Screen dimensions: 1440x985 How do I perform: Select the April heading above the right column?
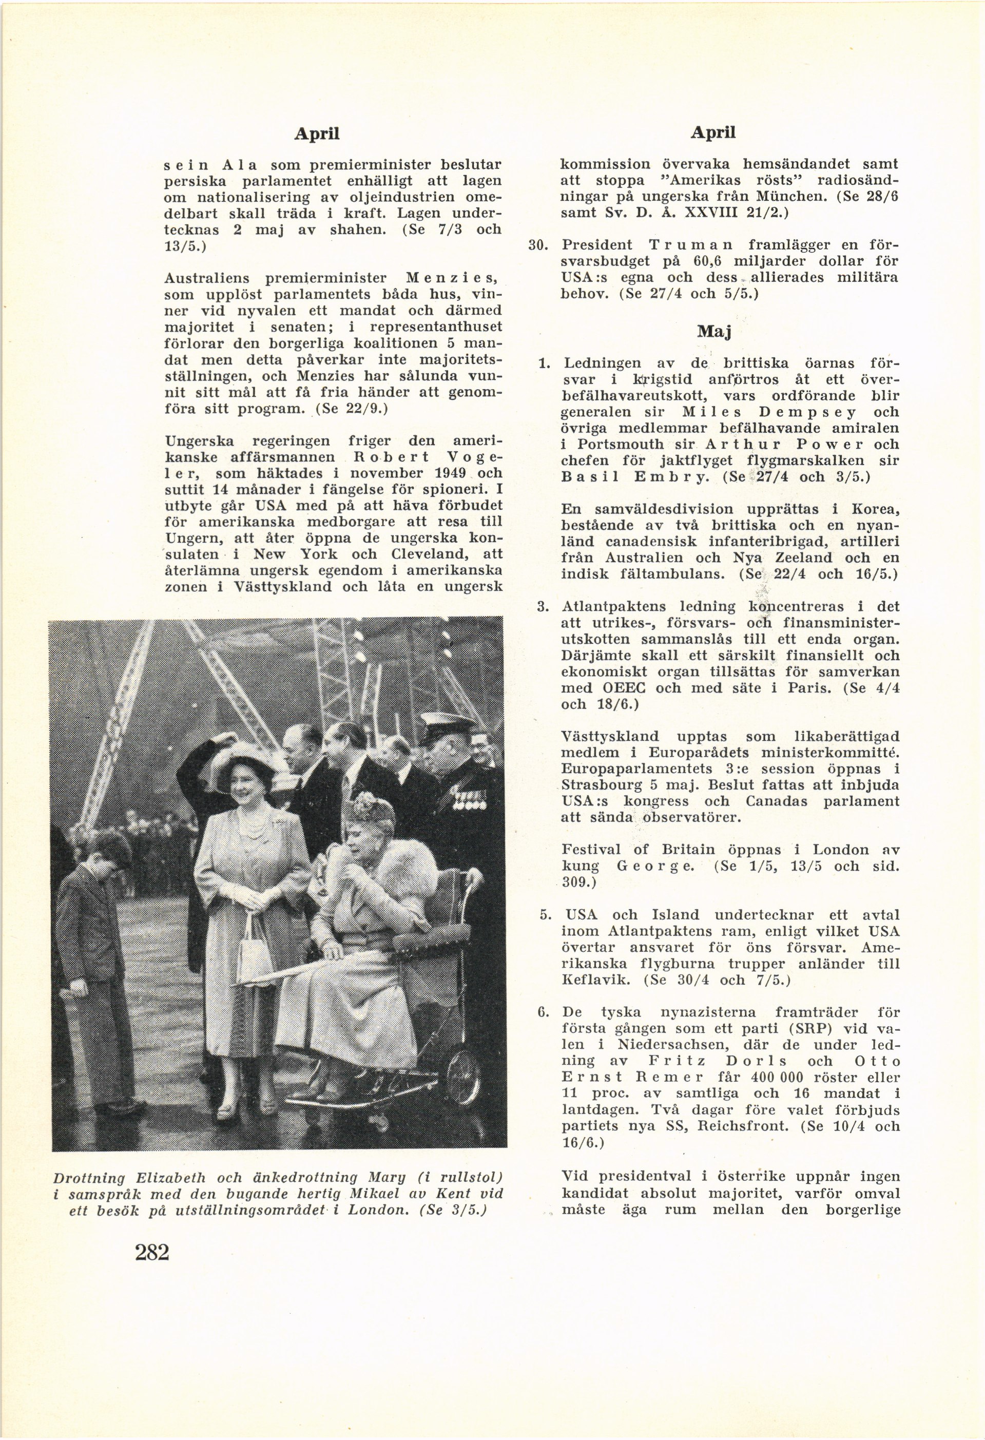click(713, 132)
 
